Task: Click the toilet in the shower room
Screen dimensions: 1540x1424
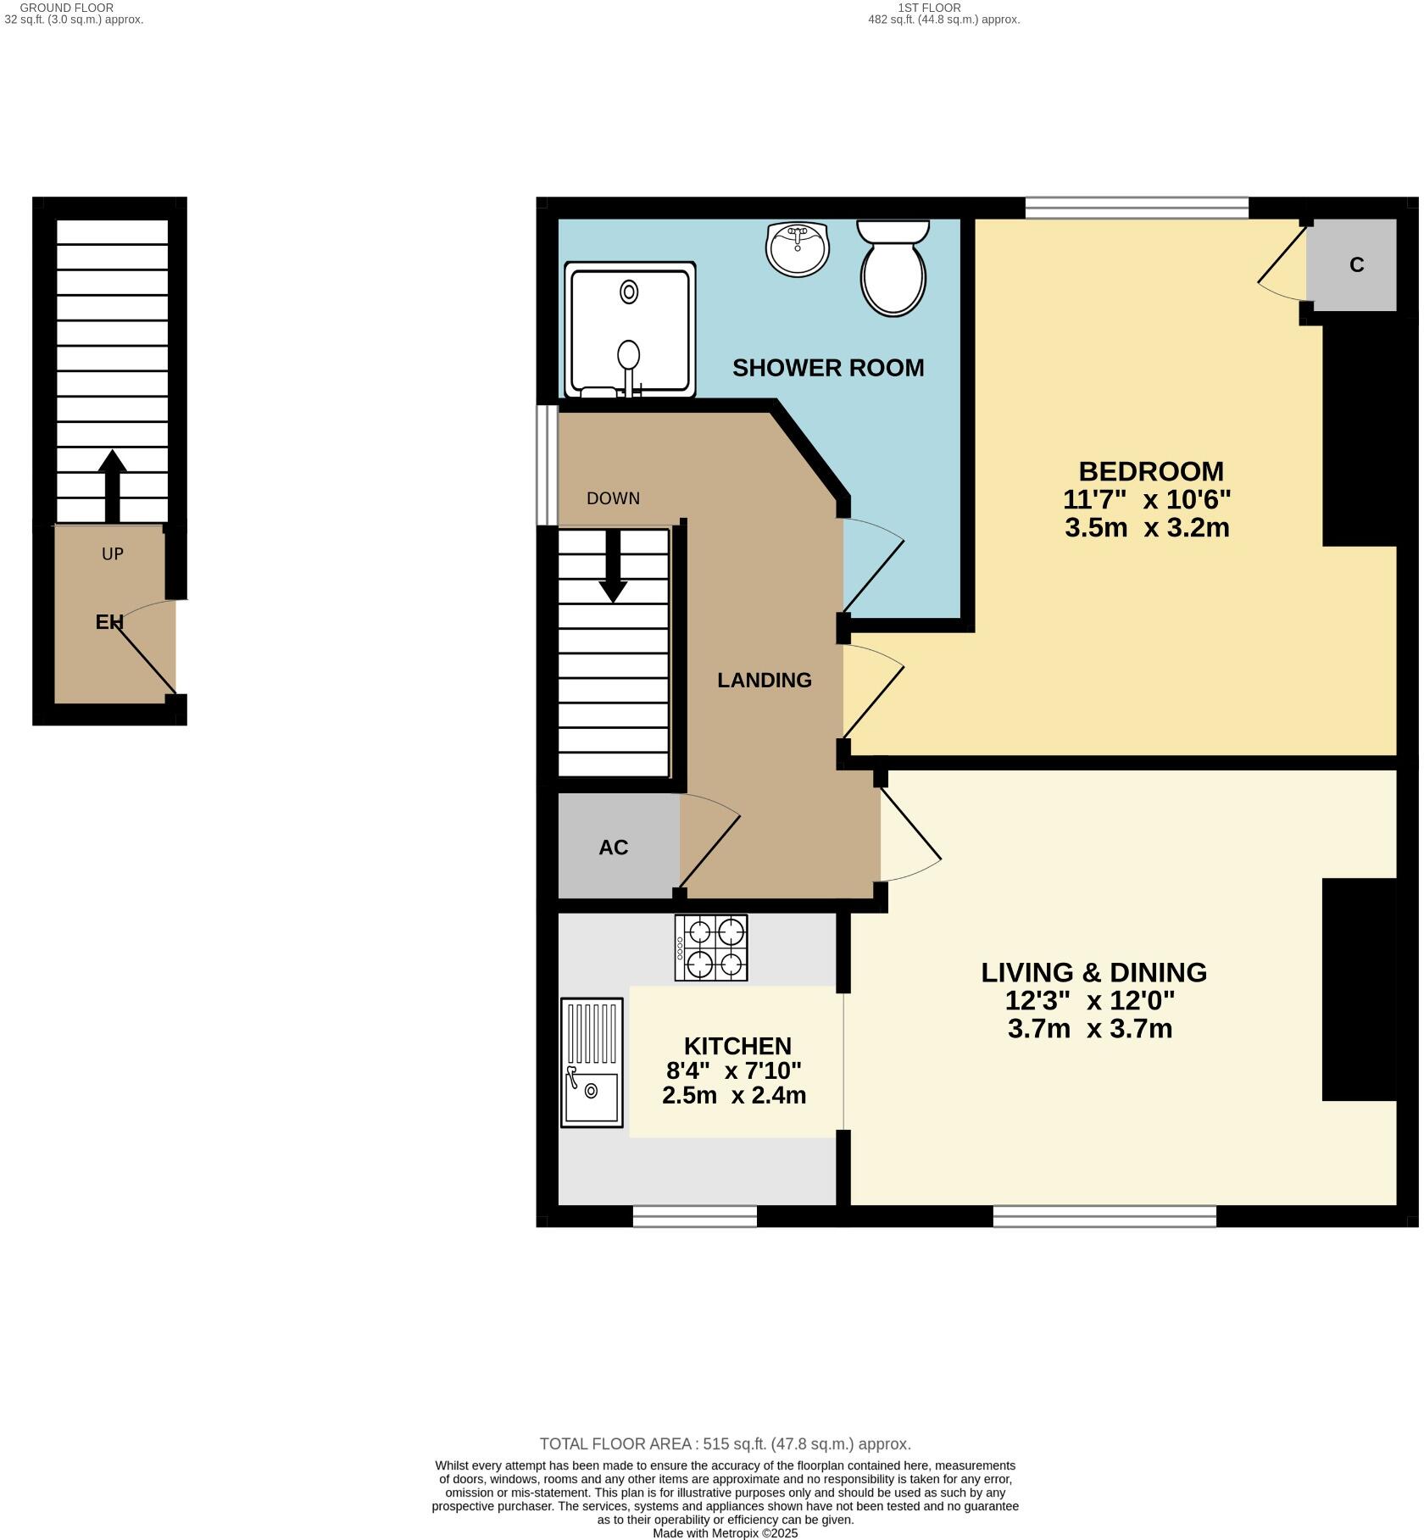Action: pos(893,270)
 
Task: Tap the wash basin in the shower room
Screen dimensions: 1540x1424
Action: pos(797,249)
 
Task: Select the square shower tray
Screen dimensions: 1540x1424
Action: pos(629,330)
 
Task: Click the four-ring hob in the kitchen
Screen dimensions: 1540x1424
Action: pos(711,948)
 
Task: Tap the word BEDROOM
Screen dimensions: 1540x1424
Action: pos(1150,471)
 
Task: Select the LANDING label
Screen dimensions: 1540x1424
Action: pos(764,680)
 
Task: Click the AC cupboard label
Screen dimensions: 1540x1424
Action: pos(613,848)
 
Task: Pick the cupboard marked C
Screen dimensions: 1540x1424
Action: pos(1355,265)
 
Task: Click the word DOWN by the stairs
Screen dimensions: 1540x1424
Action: pos(613,498)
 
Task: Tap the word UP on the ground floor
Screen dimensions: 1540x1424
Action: pos(113,553)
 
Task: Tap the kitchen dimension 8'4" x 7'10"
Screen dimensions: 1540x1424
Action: pos(733,1070)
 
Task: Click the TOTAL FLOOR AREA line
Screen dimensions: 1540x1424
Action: pos(725,1444)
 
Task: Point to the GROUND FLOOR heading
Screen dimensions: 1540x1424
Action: pos(67,8)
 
